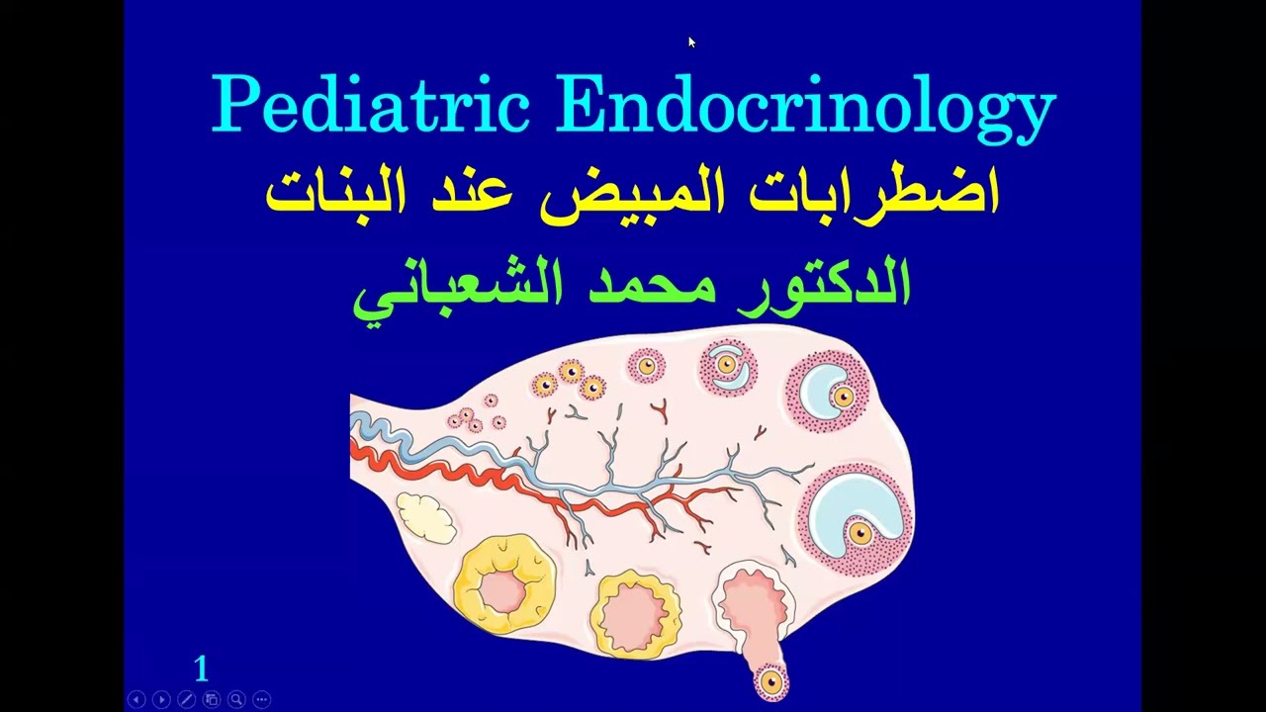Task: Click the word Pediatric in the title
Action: (x=372, y=104)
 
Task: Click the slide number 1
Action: (x=202, y=669)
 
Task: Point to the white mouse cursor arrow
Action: (x=691, y=42)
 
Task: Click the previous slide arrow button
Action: (x=136, y=699)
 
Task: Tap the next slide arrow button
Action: (x=161, y=699)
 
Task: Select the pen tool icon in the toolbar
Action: (x=186, y=699)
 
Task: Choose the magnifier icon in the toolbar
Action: (x=236, y=699)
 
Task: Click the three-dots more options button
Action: (x=261, y=699)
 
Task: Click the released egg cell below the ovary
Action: (x=770, y=681)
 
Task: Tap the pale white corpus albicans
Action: (x=425, y=515)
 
